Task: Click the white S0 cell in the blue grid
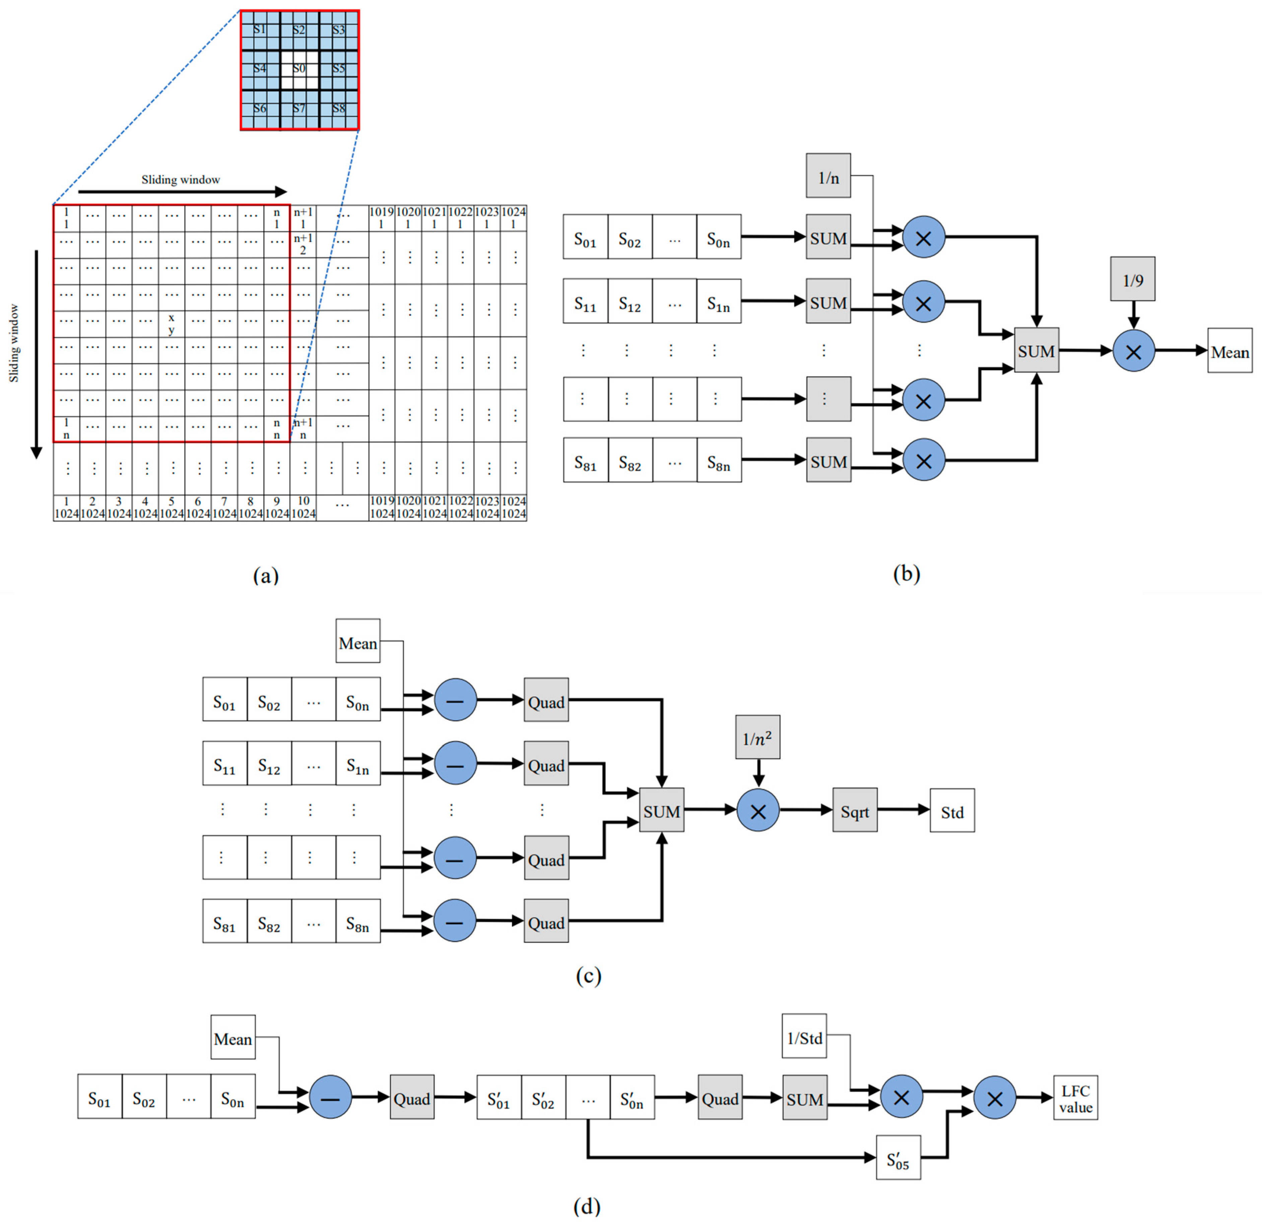click(x=300, y=70)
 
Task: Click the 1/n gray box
click(x=828, y=176)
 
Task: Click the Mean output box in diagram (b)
click(x=1229, y=351)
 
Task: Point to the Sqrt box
click(x=854, y=811)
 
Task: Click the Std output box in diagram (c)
click(x=952, y=811)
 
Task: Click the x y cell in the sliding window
click(x=171, y=324)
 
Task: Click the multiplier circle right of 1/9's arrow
click(x=1133, y=351)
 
